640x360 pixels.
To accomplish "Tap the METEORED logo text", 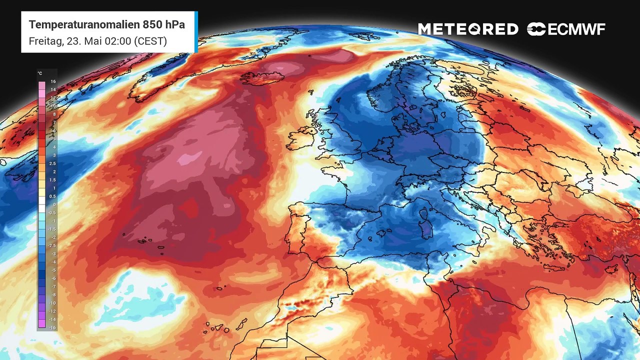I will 468,29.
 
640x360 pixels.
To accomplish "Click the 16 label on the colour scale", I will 53,81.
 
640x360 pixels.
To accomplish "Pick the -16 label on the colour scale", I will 52,327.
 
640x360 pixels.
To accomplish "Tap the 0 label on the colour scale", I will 53,204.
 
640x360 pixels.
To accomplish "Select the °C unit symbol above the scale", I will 40,73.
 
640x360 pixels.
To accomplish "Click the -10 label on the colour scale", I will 52,303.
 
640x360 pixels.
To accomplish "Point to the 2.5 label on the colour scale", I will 53,163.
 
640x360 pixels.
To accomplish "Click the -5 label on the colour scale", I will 52,270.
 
